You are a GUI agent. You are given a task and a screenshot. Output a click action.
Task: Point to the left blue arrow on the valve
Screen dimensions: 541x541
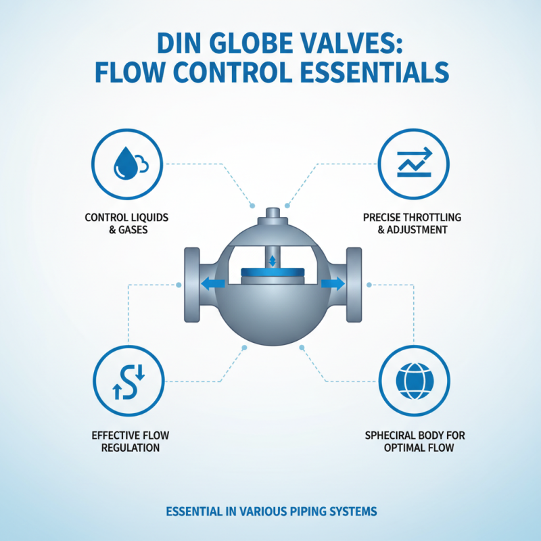point(215,284)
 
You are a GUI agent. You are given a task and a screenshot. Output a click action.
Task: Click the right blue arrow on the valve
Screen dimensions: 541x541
point(331,284)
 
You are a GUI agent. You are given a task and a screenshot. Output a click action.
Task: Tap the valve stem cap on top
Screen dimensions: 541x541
point(273,216)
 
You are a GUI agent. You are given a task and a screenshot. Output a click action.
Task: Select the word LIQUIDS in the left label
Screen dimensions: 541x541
point(147,218)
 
